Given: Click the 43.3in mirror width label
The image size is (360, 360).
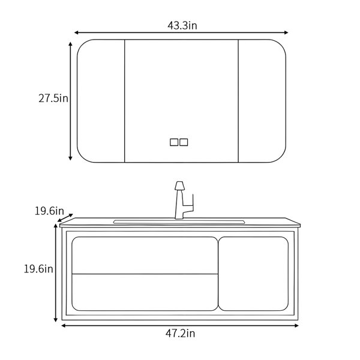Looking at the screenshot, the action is tap(182, 25).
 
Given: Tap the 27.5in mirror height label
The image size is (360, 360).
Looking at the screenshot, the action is tap(53, 98).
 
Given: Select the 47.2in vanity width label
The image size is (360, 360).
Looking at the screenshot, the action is tap(180, 334).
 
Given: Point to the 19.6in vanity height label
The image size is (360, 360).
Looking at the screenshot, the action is tap(38, 269).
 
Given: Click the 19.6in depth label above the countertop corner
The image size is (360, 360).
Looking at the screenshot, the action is tap(49, 211).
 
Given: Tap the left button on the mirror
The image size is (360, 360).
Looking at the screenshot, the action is tap(174, 142).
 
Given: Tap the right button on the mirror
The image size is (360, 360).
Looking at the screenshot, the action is tap(184, 142).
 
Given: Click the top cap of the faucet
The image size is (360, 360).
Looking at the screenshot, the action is tap(179, 186).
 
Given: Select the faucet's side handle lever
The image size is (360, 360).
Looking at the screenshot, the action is tap(190, 205).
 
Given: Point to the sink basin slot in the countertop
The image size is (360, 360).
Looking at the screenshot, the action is tap(179, 222).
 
